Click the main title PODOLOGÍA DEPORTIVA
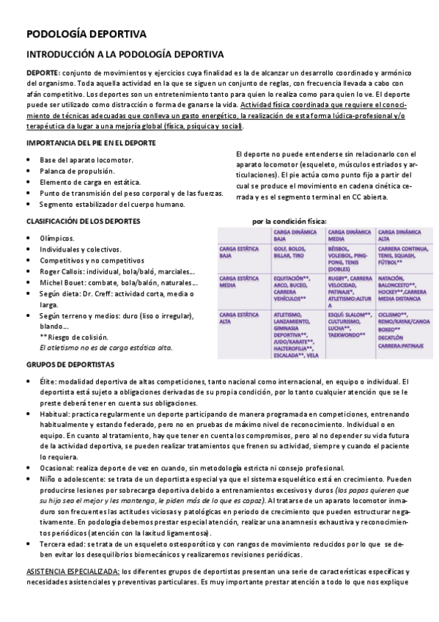point(86,34)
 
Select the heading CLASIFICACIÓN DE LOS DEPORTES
point(84,220)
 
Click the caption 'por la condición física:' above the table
point(289,221)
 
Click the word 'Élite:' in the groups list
point(48,381)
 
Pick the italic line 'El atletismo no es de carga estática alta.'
point(106,347)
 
